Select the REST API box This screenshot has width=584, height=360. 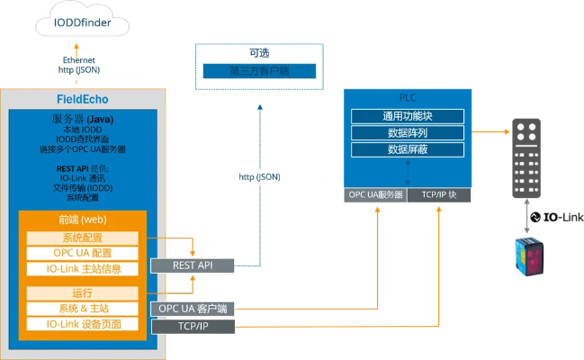[x=193, y=265]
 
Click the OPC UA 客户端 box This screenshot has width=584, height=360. [x=193, y=309]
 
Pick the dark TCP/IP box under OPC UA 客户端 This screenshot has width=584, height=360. [x=193, y=326]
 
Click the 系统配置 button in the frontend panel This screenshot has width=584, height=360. [x=82, y=238]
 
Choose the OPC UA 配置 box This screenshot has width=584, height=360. [x=82, y=253]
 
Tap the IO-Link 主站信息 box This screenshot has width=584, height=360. [x=82, y=268]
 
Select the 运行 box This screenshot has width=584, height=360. [x=82, y=293]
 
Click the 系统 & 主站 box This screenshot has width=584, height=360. [x=82, y=309]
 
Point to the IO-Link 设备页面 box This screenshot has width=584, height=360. [x=82, y=324]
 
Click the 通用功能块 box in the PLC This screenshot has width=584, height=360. [x=407, y=116]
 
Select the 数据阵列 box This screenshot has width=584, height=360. [x=407, y=132]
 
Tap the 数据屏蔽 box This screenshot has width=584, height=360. [x=407, y=148]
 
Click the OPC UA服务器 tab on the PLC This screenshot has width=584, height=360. [x=374, y=195]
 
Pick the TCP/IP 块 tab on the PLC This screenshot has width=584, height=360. [x=440, y=195]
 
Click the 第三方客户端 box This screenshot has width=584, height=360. [x=258, y=71]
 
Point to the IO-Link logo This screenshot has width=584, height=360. [x=555, y=217]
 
